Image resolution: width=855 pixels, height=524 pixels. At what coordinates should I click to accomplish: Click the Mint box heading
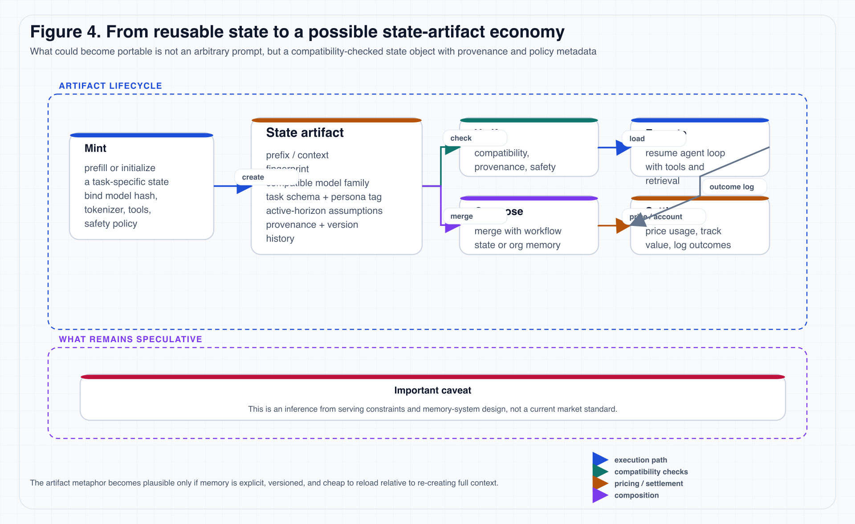pos(95,148)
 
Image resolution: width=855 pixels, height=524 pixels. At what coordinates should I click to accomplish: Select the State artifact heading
pos(305,133)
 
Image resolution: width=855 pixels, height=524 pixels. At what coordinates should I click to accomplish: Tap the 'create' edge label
pos(253,177)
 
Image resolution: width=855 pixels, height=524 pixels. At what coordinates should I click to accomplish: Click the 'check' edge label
pos(461,138)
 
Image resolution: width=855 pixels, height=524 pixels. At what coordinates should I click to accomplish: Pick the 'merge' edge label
pos(461,216)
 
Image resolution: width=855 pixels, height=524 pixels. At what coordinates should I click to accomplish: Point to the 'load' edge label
pos(637,139)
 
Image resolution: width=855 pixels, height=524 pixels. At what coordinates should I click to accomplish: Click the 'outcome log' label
pos(731,187)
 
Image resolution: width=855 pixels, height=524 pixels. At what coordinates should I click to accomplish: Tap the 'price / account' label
pos(655,217)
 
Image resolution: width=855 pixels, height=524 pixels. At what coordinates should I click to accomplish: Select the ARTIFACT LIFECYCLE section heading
pos(110,86)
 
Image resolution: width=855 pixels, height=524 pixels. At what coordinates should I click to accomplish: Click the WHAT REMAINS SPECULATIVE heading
pos(130,340)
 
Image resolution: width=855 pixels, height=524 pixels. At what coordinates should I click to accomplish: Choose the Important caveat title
pos(432,390)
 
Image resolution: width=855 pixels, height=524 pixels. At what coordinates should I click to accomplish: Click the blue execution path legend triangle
pos(599,459)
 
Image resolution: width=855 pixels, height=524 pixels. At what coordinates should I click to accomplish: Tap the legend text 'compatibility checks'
pos(651,472)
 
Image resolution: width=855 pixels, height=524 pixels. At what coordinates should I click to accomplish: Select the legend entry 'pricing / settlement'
pos(648,483)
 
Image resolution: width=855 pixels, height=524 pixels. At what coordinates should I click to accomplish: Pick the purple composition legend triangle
pos(599,495)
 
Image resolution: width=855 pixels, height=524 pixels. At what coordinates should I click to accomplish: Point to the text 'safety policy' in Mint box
pos(110,224)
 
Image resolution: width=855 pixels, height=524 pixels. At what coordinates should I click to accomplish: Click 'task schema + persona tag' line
pos(324,197)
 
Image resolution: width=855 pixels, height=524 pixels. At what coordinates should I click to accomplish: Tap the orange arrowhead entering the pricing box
pos(622,226)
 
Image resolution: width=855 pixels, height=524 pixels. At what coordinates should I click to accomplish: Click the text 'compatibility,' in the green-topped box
pos(501,153)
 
